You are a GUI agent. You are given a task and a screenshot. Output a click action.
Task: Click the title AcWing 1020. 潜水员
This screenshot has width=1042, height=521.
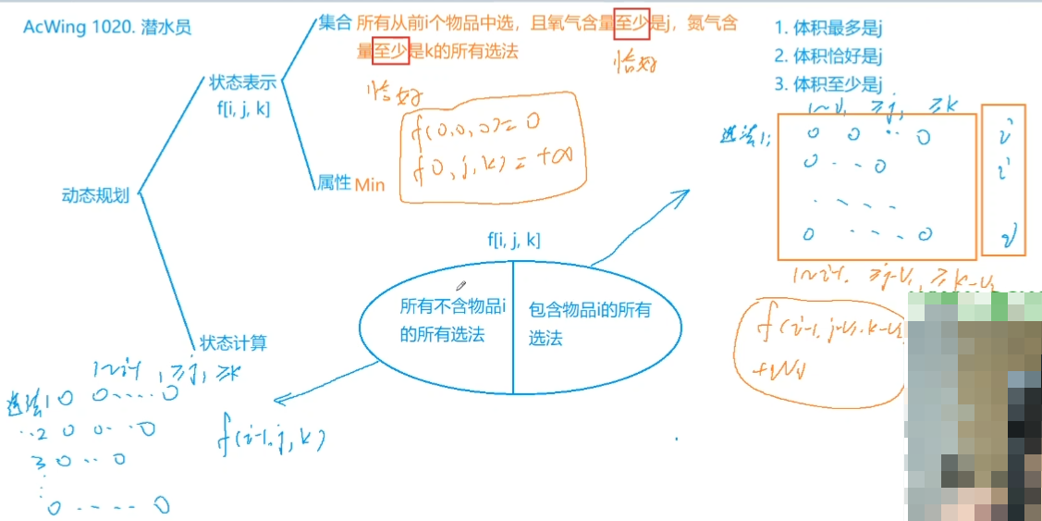(107, 28)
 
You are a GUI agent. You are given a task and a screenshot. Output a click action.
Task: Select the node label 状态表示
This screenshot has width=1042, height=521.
(243, 82)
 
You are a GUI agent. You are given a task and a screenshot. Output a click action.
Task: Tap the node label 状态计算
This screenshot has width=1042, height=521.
(233, 343)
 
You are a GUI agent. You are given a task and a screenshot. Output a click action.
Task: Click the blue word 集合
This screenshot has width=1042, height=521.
(334, 24)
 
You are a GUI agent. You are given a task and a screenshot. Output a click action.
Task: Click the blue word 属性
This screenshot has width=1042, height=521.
(334, 182)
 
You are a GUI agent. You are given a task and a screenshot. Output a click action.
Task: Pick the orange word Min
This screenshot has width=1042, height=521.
(370, 184)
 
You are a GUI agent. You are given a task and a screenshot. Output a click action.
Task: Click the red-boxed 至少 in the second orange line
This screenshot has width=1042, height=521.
(390, 52)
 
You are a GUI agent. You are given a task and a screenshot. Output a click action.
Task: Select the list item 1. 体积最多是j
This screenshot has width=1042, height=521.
(827, 29)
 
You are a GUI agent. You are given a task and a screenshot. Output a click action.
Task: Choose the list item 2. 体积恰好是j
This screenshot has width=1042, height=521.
(827, 56)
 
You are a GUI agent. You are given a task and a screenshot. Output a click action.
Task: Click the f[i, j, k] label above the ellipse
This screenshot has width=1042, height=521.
(514, 241)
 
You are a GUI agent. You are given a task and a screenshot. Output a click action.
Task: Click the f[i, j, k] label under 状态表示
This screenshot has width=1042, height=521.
(243, 107)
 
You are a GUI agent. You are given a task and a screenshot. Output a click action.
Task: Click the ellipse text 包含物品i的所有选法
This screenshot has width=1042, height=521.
(589, 324)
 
